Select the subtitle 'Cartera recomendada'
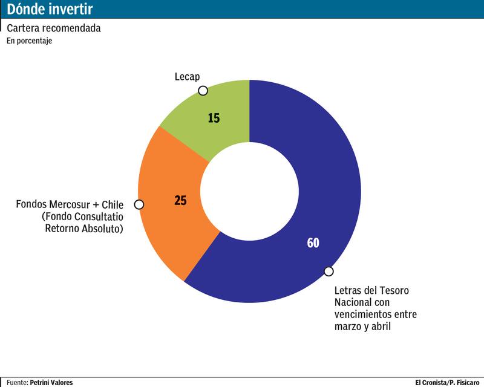(x=53, y=28)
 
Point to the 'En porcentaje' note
(x=30, y=41)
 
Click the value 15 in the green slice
(x=214, y=118)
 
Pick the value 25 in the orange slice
(x=180, y=201)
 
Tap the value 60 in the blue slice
(x=313, y=243)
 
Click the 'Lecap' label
(x=187, y=77)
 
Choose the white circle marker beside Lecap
(x=203, y=91)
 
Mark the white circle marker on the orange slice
(x=139, y=204)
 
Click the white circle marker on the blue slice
(x=329, y=272)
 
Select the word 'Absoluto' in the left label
(x=103, y=229)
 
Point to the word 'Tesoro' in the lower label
(x=394, y=291)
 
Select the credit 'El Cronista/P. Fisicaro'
(x=447, y=382)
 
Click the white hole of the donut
(x=249, y=191)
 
